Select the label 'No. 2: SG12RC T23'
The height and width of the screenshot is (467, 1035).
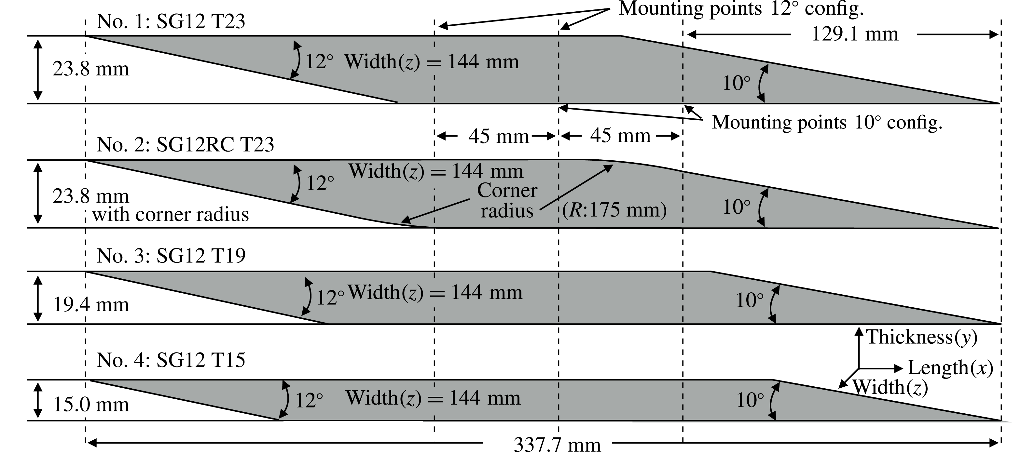coord(185,145)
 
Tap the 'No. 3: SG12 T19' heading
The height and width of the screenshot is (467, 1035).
coord(171,256)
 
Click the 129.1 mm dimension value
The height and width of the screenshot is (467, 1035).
coord(855,34)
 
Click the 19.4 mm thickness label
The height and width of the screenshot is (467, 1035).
coord(91,305)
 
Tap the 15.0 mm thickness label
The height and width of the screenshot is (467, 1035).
coord(91,404)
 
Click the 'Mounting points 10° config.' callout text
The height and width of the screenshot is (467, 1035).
coord(827,122)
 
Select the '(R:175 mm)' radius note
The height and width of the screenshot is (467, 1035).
coord(614,210)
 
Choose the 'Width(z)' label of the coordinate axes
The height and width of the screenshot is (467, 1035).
coord(890,388)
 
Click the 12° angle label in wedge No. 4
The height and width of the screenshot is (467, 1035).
coord(309,400)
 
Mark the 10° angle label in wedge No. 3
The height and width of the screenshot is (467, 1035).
coord(749,300)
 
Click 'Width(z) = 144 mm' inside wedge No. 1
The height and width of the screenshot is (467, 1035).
coord(432,62)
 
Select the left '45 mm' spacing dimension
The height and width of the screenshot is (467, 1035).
coord(498,137)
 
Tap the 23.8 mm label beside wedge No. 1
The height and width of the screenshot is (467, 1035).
coord(91,69)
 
